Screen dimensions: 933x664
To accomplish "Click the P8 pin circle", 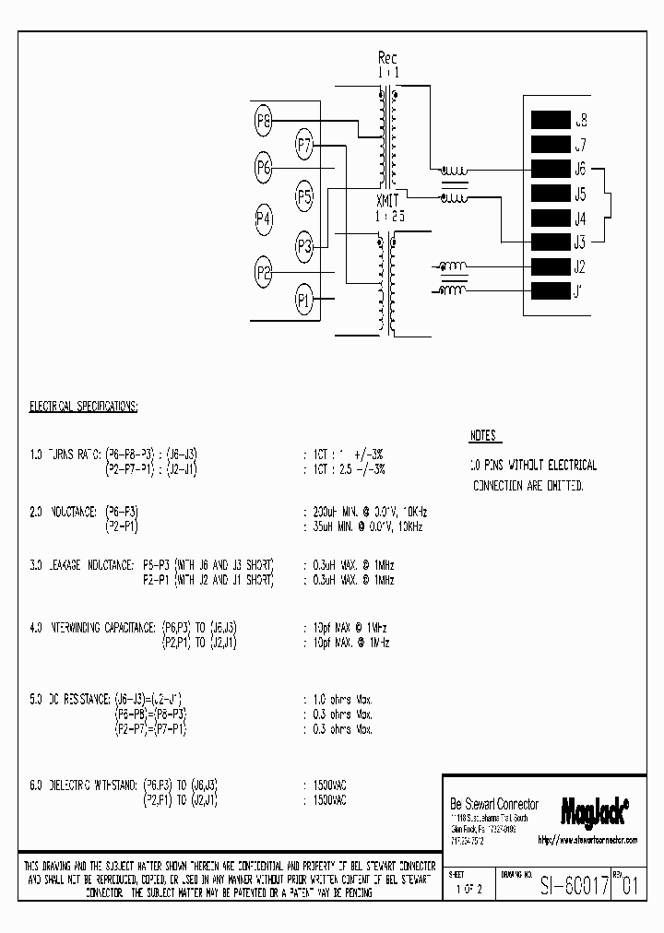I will (265, 120).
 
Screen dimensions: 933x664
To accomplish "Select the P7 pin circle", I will (305, 144).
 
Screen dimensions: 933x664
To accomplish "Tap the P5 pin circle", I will (305, 195).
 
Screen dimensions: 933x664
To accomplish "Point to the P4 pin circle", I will (265, 218).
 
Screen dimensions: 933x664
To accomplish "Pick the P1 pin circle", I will (304, 299).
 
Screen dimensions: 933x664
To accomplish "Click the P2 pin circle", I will (265, 272).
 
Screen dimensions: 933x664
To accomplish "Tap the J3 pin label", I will (580, 243).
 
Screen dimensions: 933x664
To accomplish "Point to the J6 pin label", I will (580, 169).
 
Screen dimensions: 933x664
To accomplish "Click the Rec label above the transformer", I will (387, 59).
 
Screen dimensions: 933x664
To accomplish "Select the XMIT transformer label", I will (388, 202).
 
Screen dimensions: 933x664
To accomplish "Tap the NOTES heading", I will (483, 435).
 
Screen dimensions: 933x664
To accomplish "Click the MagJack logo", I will (595, 809).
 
